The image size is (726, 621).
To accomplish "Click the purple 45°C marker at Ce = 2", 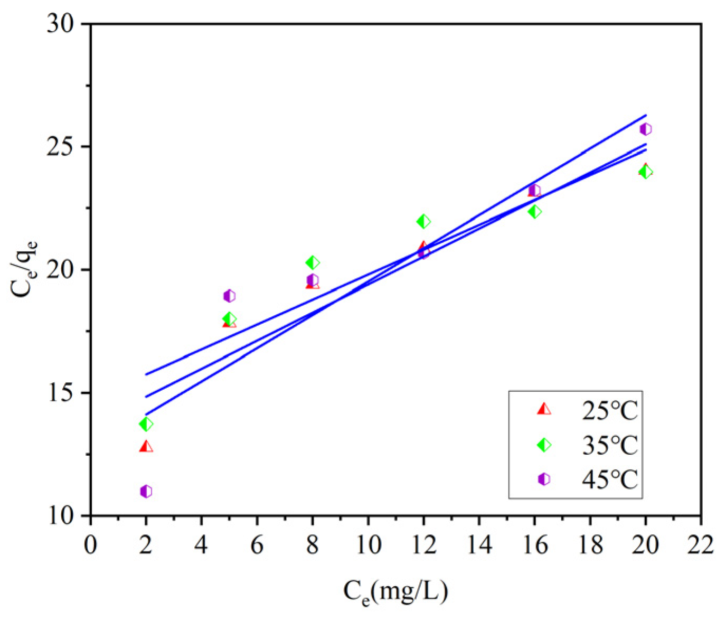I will pos(146,491).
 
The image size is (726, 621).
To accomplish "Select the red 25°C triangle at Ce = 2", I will pos(146,447).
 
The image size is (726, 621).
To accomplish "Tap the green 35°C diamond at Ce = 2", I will pos(146,424).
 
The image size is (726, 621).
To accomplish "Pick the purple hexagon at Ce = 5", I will pos(229,296).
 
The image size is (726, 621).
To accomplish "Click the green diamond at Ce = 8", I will pos(313,262).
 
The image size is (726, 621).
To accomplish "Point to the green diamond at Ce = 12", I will pos(423,221).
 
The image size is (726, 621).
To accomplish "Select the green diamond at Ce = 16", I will pos(534,211).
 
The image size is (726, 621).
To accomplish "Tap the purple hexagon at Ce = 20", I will pos(645,129).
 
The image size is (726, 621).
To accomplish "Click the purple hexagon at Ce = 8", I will pos(313,280).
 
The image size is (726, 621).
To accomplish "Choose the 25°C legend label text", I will pos(610,410).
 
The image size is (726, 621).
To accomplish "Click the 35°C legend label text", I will pos(610,445).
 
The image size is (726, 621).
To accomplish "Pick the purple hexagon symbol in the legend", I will pos(543,479).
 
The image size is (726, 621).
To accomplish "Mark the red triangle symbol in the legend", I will pos(543,409).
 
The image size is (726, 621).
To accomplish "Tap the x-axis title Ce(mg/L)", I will pos(395,591).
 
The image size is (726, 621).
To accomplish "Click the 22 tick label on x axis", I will pos(701,544).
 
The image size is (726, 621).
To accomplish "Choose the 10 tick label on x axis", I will pos(368,544).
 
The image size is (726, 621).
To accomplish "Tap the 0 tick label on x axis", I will pos(91,544).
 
